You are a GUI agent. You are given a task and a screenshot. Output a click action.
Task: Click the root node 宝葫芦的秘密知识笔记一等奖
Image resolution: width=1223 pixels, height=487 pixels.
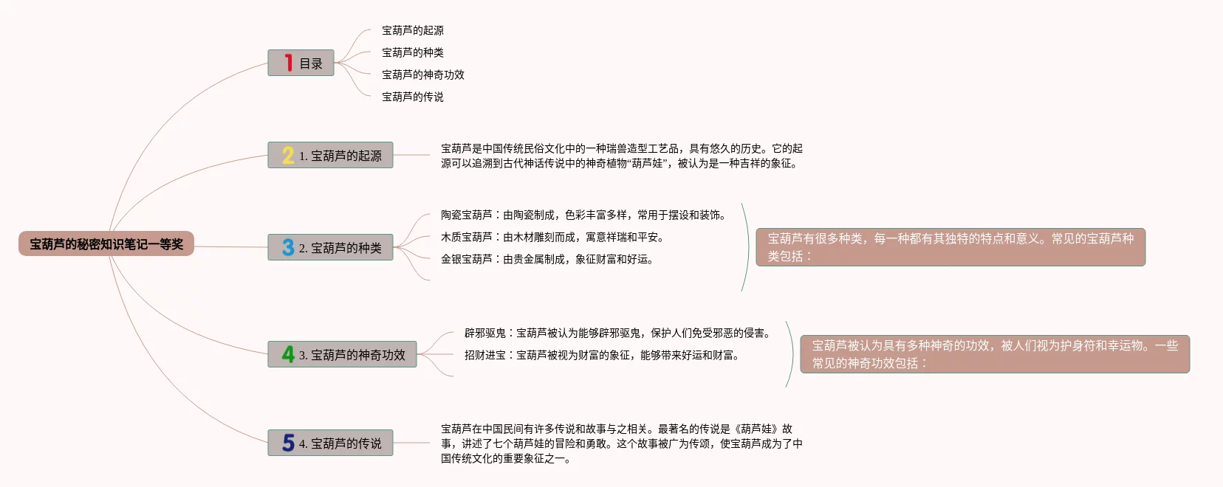[106, 244]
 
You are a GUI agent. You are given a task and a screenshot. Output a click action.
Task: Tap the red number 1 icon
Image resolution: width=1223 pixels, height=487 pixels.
[288, 63]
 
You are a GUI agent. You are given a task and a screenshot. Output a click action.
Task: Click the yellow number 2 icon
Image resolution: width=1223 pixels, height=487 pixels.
[288, 156]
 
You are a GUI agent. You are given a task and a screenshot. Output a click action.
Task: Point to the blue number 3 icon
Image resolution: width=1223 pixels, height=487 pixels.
[288, 248]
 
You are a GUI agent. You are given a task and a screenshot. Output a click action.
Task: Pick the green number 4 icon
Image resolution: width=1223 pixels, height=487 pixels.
[288, 355]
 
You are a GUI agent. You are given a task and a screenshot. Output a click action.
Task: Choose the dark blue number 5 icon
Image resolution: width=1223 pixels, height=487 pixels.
[288, 443]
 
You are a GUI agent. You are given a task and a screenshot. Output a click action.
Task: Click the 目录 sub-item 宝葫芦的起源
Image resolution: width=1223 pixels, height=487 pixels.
[412, 30]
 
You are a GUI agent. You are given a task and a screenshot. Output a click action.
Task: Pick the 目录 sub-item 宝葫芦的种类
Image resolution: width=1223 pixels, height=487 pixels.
[412, 52]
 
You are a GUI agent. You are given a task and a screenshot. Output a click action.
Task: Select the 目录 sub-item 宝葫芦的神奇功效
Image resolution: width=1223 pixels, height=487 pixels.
[422, 75]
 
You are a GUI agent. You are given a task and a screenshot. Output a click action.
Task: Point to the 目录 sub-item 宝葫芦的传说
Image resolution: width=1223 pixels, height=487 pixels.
[412, 97]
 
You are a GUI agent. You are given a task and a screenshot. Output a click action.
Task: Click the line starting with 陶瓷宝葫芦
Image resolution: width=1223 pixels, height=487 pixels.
[583, 215]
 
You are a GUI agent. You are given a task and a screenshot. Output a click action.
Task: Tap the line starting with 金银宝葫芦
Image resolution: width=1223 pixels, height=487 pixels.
[547, 259]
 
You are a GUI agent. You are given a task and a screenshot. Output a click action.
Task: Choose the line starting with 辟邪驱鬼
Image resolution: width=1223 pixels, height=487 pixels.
[618, 333]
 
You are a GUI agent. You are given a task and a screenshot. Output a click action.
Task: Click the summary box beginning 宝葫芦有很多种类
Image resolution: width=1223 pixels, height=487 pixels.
[950, 247]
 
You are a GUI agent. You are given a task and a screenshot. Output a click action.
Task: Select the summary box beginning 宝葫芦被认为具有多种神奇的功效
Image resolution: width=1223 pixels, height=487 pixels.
[995, 354]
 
